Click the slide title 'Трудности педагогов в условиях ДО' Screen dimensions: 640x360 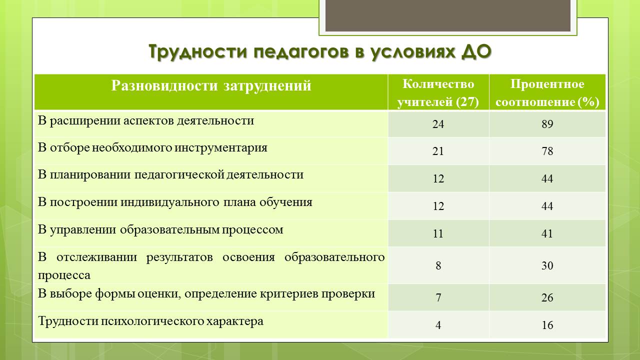tap(320, 51)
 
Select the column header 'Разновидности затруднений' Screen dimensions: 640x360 tap(211, 85)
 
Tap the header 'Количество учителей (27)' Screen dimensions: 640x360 tap(438, 93)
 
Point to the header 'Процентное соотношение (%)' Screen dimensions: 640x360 tap(547, 93)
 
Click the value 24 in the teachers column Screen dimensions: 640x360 tap(438, 124)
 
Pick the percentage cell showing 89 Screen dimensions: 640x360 tap(547, 124)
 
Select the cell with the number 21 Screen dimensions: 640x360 tap(438, 151)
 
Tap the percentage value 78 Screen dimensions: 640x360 tap(547, 151)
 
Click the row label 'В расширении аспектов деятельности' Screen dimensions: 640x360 tap(145, 121)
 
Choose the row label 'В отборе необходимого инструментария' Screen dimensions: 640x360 tap(152, 148)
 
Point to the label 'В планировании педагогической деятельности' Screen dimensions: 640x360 tap(170, 175)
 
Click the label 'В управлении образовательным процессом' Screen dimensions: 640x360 tap(160, 230)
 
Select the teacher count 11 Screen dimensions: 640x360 tap(438, 233)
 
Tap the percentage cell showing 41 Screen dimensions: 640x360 tap(547, 233)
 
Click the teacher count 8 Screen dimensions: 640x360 tap(438, 265)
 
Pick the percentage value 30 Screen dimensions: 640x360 tap(547, 265)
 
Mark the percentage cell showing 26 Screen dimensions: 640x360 tap(547, 297)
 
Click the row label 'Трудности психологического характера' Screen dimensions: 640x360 tap(150, 321)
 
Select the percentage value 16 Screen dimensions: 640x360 tap(547, 325)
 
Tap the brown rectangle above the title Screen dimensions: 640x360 tap(447, 15)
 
